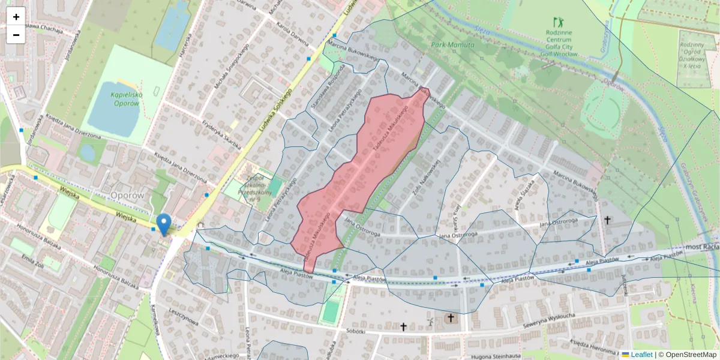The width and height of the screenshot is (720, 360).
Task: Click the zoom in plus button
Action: tap(16, 17)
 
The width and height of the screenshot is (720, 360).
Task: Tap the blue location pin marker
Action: tap(163, 224)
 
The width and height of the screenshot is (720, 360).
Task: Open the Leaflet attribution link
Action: tap(641, 355)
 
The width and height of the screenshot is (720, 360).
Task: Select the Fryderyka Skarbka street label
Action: tap(221, 136)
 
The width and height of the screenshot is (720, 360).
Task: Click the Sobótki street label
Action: tap(360, 331)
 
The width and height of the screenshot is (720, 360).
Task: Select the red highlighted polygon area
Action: tap(360, 174)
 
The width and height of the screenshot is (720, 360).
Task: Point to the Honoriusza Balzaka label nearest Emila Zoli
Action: tap(36, 237)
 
